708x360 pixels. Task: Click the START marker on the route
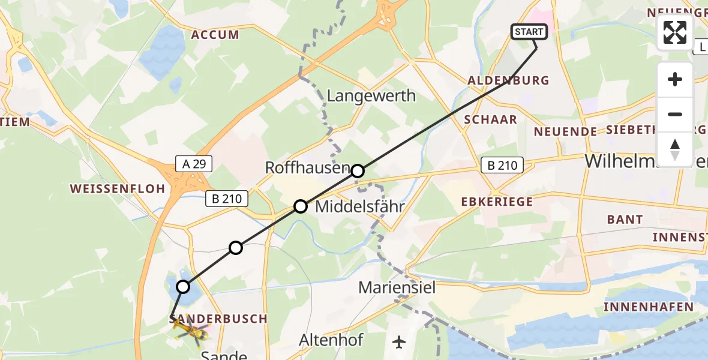tap(529, 32)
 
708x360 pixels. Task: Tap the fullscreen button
tap(675, 32)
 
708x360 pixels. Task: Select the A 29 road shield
tap(193, 163)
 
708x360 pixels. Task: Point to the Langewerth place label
tap(371, 96)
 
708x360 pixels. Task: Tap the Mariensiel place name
tap(397, 287)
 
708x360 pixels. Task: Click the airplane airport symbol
tap(399, 342)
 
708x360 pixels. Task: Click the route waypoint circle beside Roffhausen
tap(358, 171)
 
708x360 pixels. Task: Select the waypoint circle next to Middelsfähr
tap(300, 207)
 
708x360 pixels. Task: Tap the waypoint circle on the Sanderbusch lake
tap(183, 287)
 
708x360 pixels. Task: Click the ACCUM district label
tap(215, 35)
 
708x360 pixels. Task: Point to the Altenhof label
tap(331, 341)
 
